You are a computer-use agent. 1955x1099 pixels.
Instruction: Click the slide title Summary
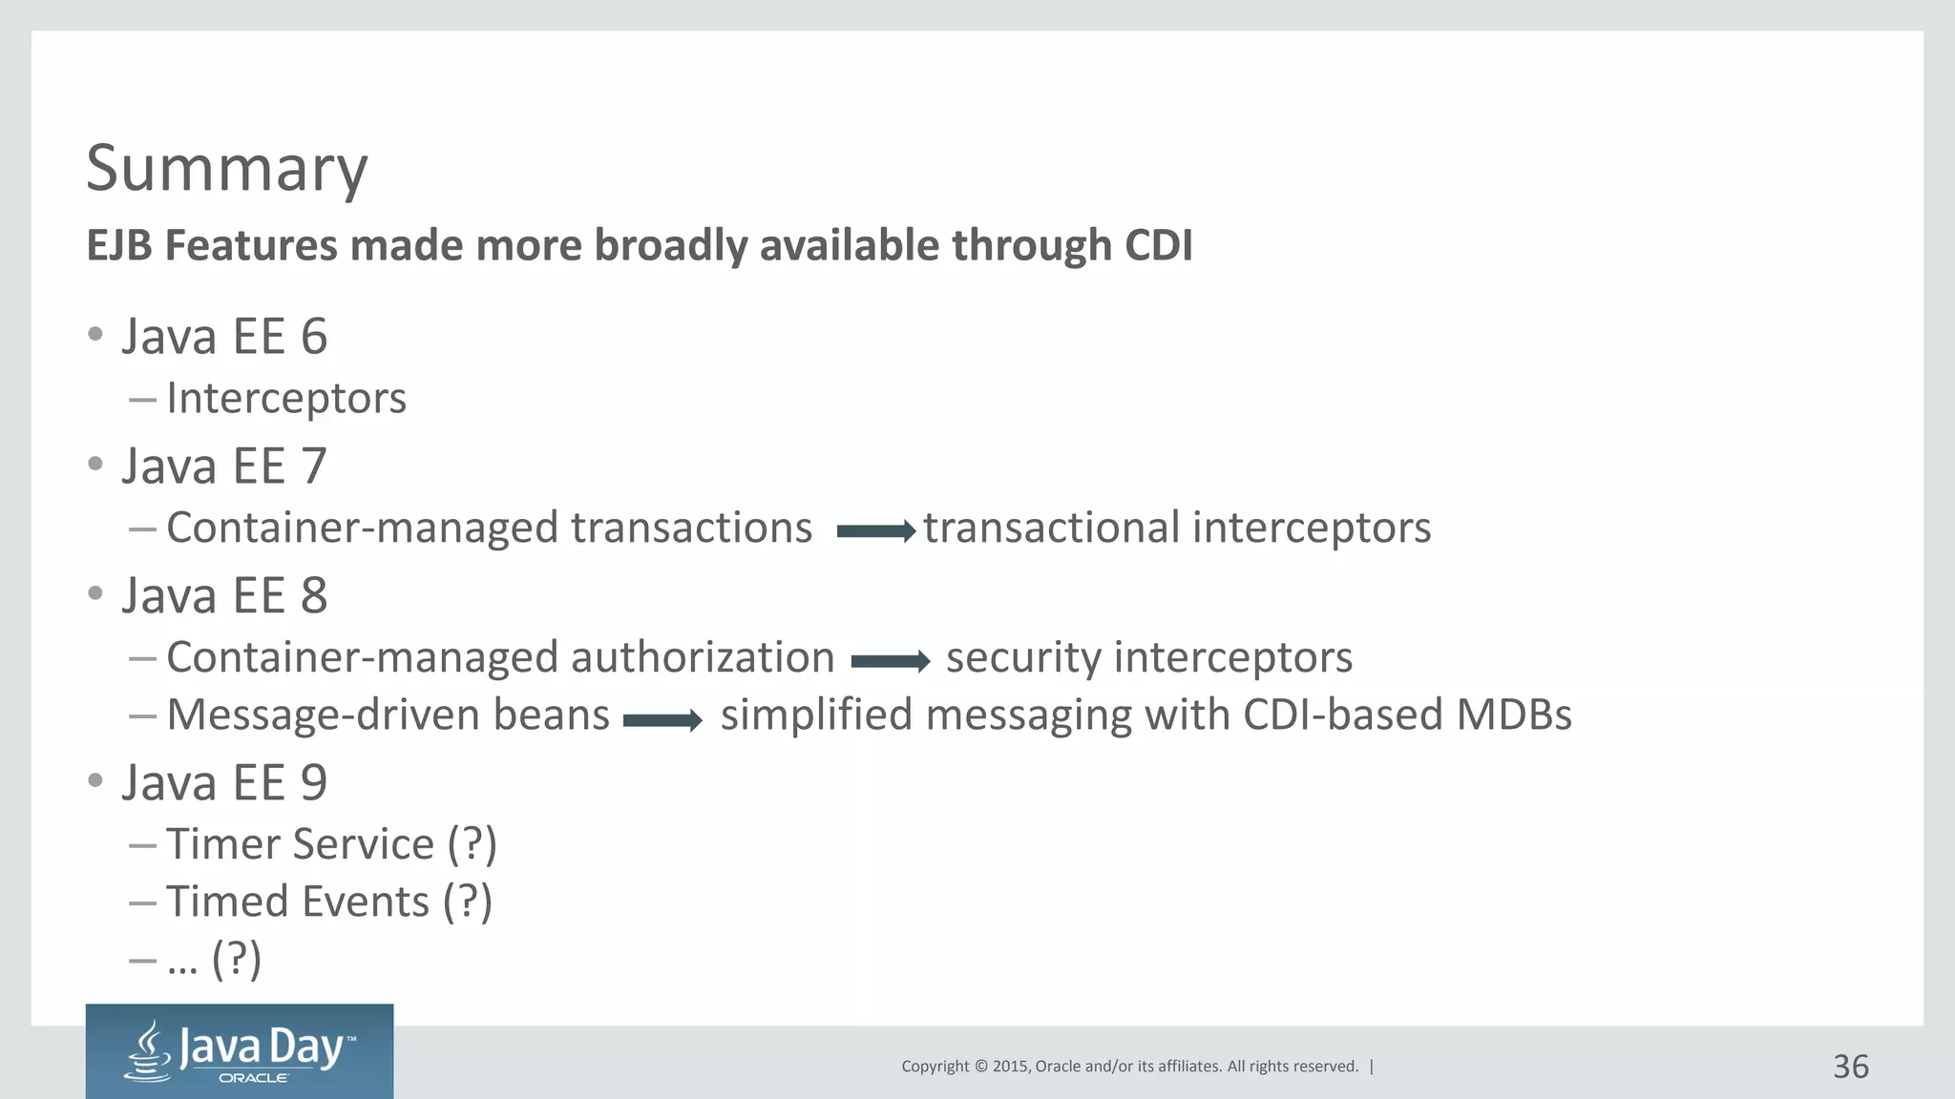tap(226, 169)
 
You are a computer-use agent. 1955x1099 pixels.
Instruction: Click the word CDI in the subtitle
tap(1158, 245)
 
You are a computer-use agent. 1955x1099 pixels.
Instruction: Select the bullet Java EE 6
tap(223, 337)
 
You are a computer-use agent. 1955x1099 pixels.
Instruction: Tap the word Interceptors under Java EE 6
tap(285, 399)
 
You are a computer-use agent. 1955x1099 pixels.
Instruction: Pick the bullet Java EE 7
tap(223, 467)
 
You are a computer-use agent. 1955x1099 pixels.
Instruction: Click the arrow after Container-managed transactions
tap(875, 532)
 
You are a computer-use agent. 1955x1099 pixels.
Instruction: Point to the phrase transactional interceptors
tap(1176, 528)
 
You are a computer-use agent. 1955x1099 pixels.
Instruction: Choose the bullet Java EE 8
tap(223, 596)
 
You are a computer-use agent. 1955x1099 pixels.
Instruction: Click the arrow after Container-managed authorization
tap(890, 661)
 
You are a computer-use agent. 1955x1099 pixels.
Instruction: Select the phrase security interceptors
tap(1148, 657)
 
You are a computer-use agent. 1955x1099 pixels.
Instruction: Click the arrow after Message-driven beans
tap(662, 721)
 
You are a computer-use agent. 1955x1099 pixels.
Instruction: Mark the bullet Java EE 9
tap(223, 783)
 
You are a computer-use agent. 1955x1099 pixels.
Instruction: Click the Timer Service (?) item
tap(331, 844)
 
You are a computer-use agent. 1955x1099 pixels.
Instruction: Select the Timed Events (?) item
tap(328, 902)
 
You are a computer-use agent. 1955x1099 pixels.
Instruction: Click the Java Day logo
tap(240, 1051)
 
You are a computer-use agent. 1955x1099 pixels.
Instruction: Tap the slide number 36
tap(1850, 1067)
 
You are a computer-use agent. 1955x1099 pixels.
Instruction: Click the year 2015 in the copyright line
tap(1009, 1067)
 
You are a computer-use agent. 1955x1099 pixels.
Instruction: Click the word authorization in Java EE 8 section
tap(702, 657)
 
